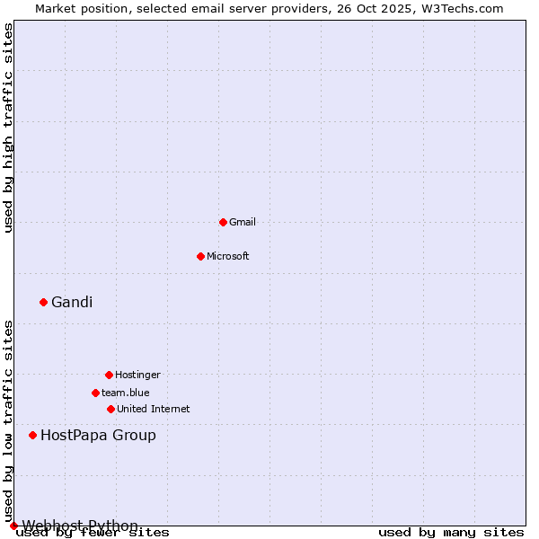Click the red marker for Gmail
223,222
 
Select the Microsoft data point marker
200,256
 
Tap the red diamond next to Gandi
43,302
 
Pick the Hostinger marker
109,375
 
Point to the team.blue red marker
95,393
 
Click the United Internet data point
110,409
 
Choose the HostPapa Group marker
32,435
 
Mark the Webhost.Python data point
13,526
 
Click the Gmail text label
243,222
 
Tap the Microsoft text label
228,256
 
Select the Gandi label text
72,302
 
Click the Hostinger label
137,375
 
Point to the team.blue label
126,393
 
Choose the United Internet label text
154,409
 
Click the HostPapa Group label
98,436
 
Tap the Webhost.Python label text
80,526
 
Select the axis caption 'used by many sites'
451,533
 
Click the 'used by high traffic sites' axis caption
9,128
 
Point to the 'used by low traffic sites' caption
9,421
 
